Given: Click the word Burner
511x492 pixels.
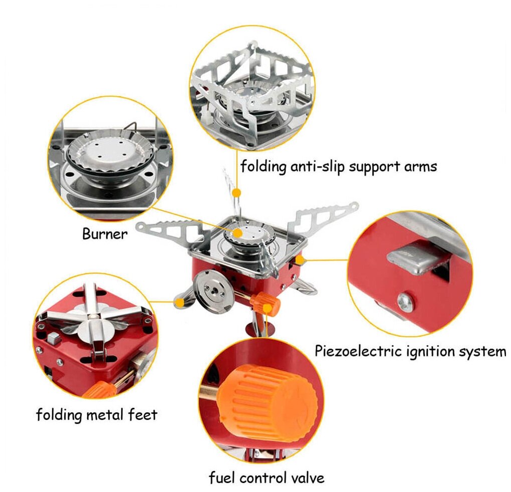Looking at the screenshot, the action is point(105,234).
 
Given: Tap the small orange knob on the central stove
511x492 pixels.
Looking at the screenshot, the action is point(265,303).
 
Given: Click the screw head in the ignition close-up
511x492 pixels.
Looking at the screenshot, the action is point(405,302).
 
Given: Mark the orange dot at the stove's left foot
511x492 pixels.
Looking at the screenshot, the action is point(178,302).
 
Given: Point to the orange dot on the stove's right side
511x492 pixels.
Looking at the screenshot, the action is point(300,260).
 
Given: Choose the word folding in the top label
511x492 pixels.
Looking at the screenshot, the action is point(264,166).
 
